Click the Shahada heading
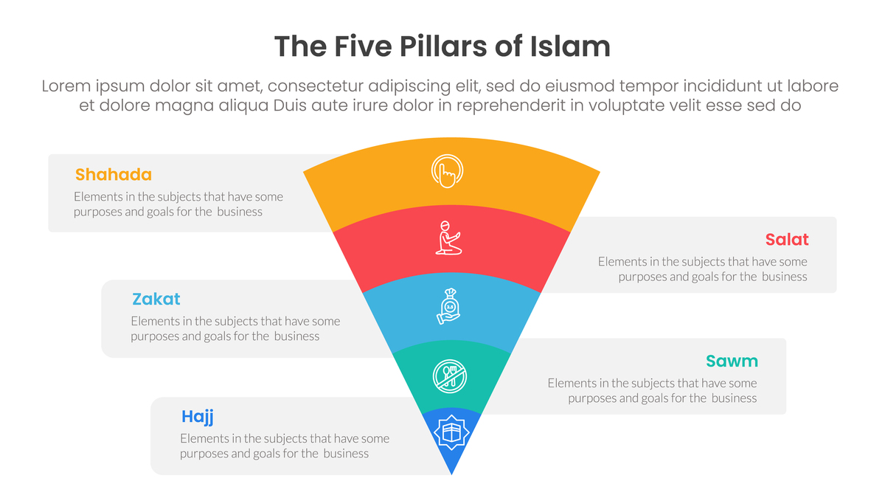click(113, 175)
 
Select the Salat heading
click(786, 239)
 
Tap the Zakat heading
click(156, 299)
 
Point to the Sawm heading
click(732, 361)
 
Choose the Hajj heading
click(198, 417)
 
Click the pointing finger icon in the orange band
click(447, 170)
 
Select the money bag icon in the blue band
click(449, 307)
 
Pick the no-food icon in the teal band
click(449, 376)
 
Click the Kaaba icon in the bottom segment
click(451, 432)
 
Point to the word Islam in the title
click(570, 47)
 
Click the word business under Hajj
click(346, 453)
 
